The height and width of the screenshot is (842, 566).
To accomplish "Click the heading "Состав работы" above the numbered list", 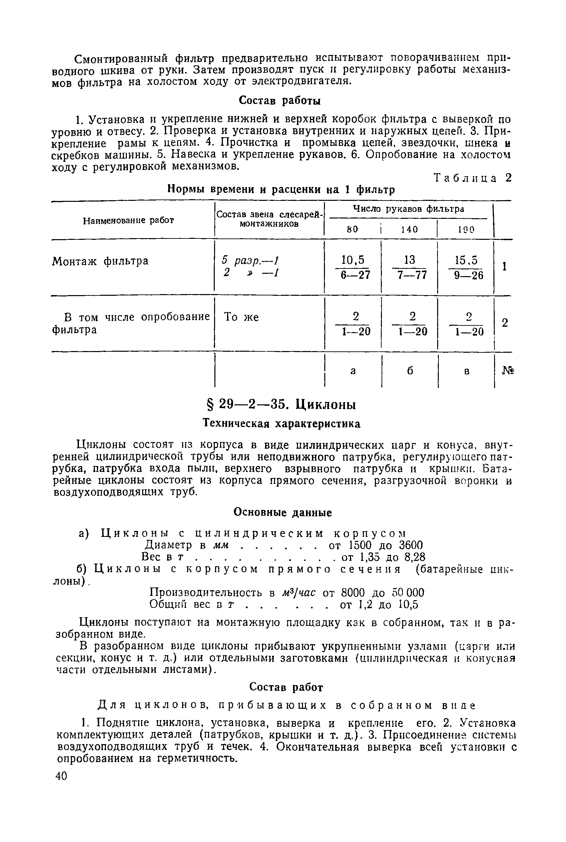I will tap(280, 101).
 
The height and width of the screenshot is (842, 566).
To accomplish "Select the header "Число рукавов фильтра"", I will tap(408, 209).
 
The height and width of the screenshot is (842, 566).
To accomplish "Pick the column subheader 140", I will tap(409, 229).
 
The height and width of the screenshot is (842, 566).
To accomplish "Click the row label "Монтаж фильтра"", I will tap(100, 261).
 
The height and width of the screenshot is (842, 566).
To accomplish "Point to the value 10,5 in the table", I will tap(353, 260).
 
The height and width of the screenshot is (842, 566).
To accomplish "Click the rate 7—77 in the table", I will tap(412, 275).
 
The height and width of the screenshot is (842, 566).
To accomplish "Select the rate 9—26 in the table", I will tap(468, 275).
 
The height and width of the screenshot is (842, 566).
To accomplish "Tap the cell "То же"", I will tap(241, 317).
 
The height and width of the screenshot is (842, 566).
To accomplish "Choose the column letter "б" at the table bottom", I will tap(410, 370).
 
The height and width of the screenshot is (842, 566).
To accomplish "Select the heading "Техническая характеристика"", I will tap(282, 424).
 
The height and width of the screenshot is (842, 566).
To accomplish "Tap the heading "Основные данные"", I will tap(283, 512).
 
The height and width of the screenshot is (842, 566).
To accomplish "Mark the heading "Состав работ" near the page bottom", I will tap(286, 687).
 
